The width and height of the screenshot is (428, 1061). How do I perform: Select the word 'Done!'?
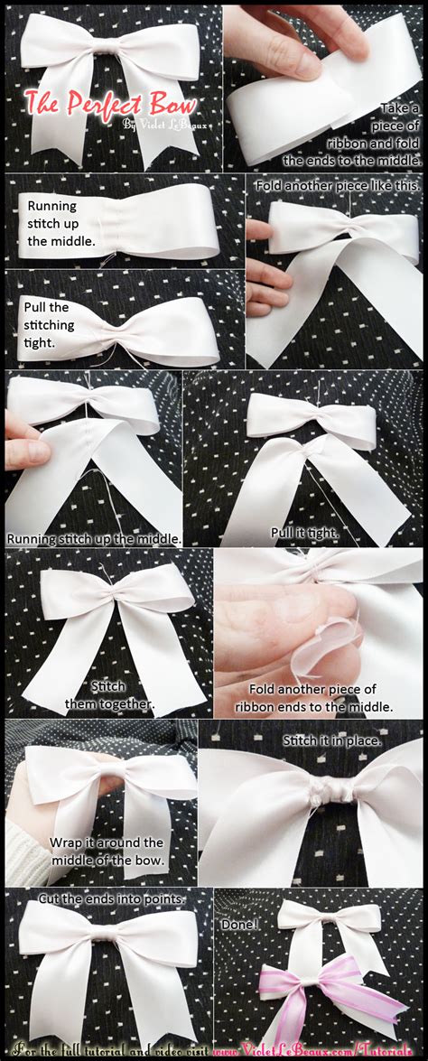(240, 925)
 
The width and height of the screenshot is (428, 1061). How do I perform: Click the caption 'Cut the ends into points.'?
(110, 898)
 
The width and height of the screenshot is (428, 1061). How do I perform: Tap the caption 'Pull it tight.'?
(304, 534)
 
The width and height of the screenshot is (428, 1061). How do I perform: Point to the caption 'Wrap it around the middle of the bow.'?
(107, 851)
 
